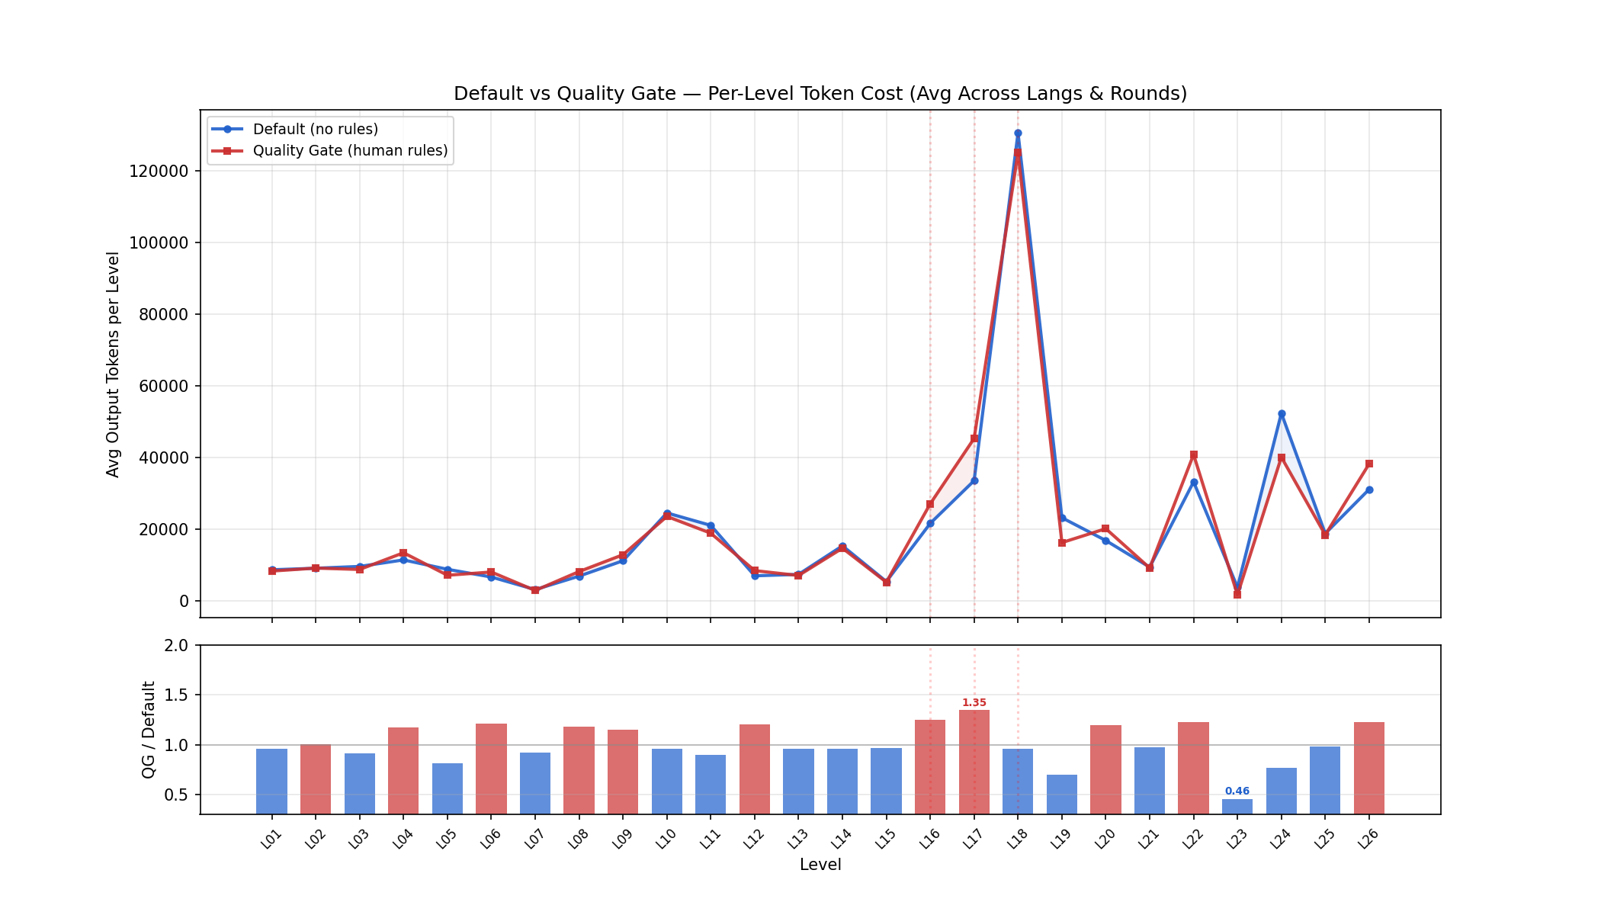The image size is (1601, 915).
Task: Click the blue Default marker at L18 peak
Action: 1018,133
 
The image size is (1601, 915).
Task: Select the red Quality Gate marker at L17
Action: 974,438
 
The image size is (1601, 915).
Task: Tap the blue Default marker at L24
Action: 1282,414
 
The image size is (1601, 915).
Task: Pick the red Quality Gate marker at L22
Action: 1194,455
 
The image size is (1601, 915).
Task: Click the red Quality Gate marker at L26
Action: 1369,464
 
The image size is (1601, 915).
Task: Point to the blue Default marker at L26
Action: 1369,490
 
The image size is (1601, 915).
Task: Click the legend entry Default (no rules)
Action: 315,130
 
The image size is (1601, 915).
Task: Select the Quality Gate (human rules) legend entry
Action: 350,151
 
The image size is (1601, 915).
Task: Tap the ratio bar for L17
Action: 974,762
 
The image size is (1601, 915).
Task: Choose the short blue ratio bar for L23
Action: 1237,806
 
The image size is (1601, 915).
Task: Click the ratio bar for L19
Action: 1062,795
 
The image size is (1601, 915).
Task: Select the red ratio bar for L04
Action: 403,770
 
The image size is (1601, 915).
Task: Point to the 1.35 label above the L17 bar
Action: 974,703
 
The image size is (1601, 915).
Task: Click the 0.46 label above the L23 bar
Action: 1237,791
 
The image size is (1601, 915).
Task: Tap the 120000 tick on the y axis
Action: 159,172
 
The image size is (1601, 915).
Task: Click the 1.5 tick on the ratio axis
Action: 177,695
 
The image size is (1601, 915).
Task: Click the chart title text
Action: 820,94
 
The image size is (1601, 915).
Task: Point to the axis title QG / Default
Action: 149,730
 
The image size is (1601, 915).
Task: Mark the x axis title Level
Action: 820,865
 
